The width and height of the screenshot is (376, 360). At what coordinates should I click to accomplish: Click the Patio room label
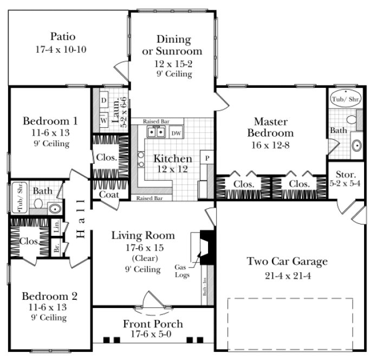[x=60, y=37]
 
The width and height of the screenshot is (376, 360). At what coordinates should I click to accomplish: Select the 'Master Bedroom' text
[x=270, y=127]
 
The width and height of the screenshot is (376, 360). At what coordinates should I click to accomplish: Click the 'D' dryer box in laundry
[x=103, y=101]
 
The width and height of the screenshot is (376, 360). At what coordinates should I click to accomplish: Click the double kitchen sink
[x=155, y=132]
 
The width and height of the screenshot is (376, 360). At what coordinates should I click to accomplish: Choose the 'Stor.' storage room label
[x=345, y=175]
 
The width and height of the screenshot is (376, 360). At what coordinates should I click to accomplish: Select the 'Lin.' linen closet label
[x=56, y=225]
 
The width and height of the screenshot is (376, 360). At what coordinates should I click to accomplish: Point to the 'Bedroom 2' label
[x=49, y=297]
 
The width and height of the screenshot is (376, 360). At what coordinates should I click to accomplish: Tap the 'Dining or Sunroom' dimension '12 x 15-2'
[x=172, y=63]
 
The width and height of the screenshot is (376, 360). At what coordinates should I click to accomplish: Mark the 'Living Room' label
[x=143, y=235]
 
